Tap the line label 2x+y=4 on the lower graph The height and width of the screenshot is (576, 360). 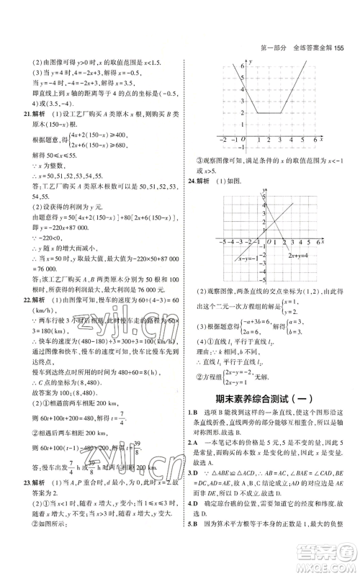(x=301, y=255)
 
